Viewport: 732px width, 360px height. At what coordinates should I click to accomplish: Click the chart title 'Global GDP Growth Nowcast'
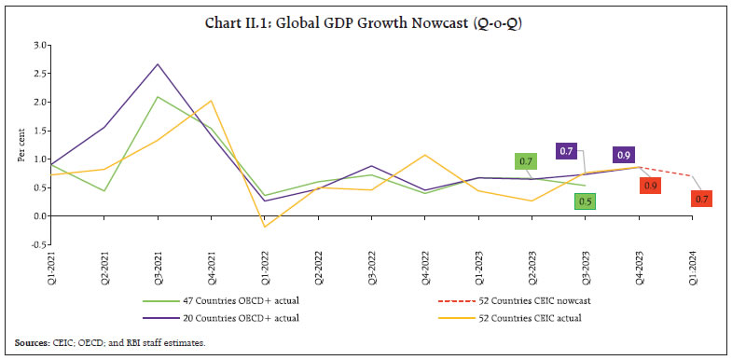pyautogui.click(x=366, y=14)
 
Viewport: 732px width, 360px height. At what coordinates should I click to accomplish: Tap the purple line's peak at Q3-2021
pyautogui.click(x=158, y=64)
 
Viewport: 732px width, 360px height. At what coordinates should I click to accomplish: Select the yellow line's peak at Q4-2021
pyautogui.click(x=211, y=101)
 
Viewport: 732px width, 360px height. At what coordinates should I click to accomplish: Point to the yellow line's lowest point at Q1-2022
pyautogui.click(x=264, y=227)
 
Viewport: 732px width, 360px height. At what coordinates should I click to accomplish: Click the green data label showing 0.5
pyautogui.click(x=585, y=201)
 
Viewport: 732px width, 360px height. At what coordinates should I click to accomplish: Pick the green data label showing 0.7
pyautogui.click(x=526, y=161)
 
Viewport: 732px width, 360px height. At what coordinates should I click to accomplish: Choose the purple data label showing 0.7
pyautogui.click(x=566, y=150)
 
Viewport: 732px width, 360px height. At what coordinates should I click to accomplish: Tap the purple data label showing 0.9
pyautogui.click(x=623, y=155)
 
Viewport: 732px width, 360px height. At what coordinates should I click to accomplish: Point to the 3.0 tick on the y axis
pyautogui.click(x=41, y=44)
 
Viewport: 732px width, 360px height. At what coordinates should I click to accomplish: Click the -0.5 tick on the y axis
pyautogui.click(x=39, y=244)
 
